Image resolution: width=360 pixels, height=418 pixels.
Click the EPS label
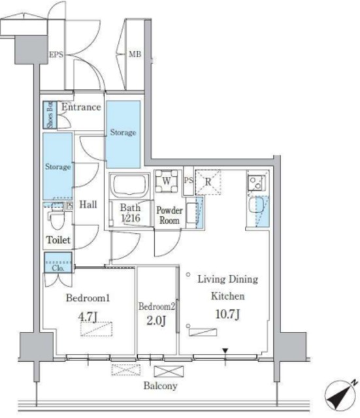tap(56, 55)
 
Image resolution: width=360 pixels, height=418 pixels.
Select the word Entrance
tap(81, 107)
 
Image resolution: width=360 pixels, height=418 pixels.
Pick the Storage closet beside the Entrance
tap(123, 133)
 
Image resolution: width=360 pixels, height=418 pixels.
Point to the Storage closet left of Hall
tap(57, 167)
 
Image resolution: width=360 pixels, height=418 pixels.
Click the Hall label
tap(88, 204)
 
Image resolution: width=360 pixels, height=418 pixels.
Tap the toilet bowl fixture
tap(56, 217)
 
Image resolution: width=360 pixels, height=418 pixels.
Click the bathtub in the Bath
tap(130, 186)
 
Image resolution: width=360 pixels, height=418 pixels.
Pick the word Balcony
tap(161, 386)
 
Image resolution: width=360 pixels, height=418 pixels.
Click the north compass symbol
tap(340, 394)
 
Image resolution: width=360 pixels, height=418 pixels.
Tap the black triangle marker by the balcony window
tap(225, 352)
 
